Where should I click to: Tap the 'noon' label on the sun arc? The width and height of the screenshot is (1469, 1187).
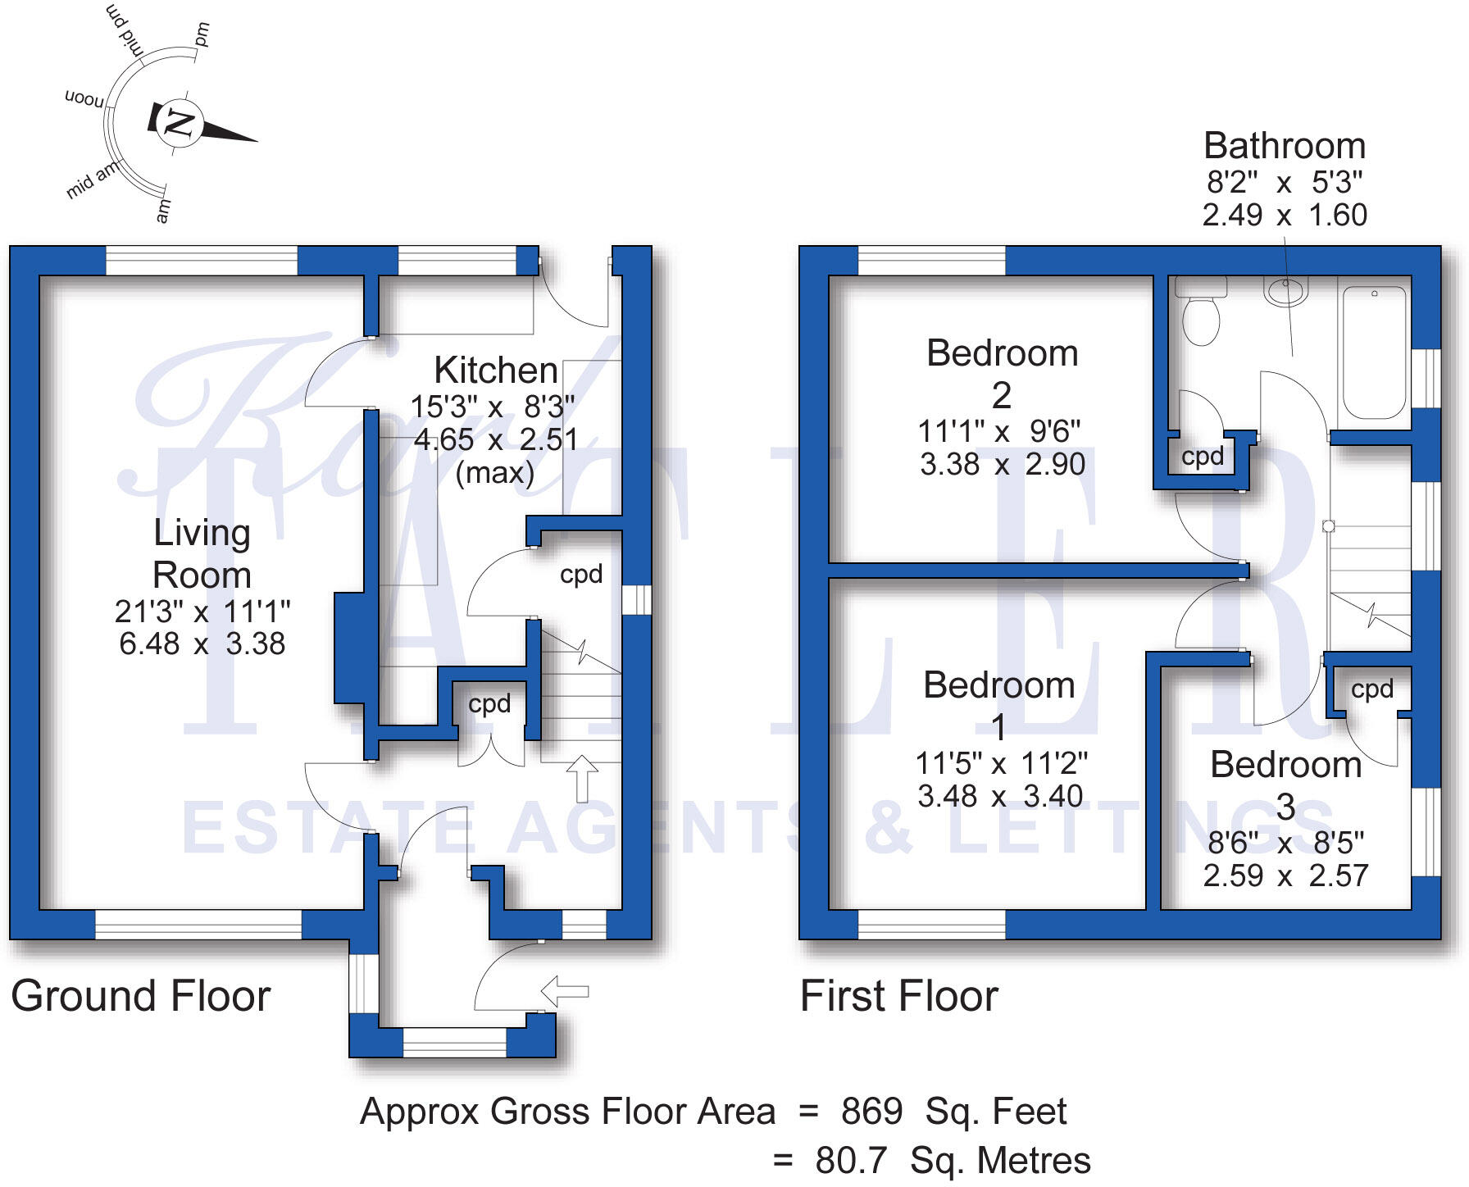click(x=84, y=99)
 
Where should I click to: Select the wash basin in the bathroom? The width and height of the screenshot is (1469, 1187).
click(x=1285, y=290)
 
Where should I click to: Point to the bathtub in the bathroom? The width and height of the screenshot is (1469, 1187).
click(x=1374, y=352)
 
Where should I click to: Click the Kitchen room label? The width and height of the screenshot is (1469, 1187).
click(x=496, y=371)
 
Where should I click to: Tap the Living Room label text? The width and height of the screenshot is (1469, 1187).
click(x=202, y=554)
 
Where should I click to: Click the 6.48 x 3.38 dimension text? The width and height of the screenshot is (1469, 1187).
click(x=202, y=644)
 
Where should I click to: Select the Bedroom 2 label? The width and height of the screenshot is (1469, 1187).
click(x=1002, y=374)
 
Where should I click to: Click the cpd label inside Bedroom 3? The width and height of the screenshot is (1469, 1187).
click(x=1371, y=689)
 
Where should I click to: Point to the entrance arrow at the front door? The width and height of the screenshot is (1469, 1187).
click(x=565, y=990)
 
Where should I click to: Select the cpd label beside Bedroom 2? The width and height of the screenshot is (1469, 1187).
click(x=1202, y=457)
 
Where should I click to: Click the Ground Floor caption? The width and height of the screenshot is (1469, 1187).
click(x=140, y=996)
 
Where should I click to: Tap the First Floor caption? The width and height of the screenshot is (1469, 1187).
click(x=898, y=996)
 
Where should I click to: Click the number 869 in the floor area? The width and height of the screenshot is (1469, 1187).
click(x=871, y=1112)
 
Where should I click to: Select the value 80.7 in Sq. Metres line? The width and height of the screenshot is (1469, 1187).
click(x=851, y=1161)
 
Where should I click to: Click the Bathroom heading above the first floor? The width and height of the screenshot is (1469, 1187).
click(x=1284, y=146)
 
